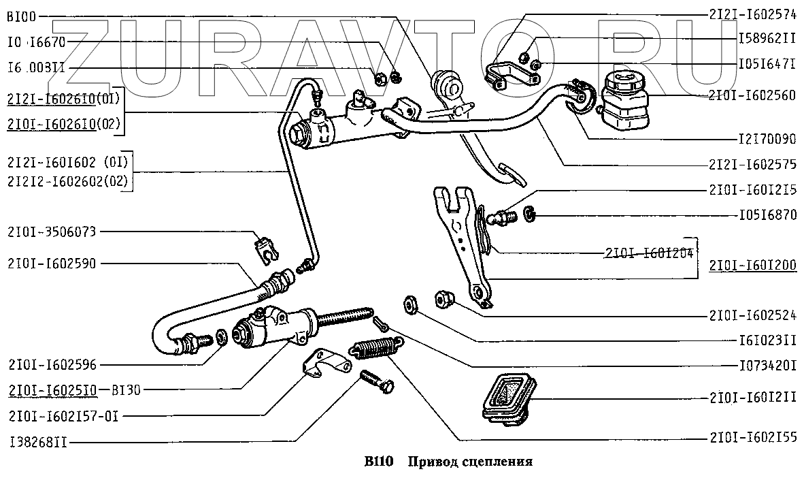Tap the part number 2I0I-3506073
coord(52,232)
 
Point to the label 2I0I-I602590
coord(52,262)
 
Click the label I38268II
coord(39,441)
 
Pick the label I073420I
coord(767,366)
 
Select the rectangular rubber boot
coord(507,398)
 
